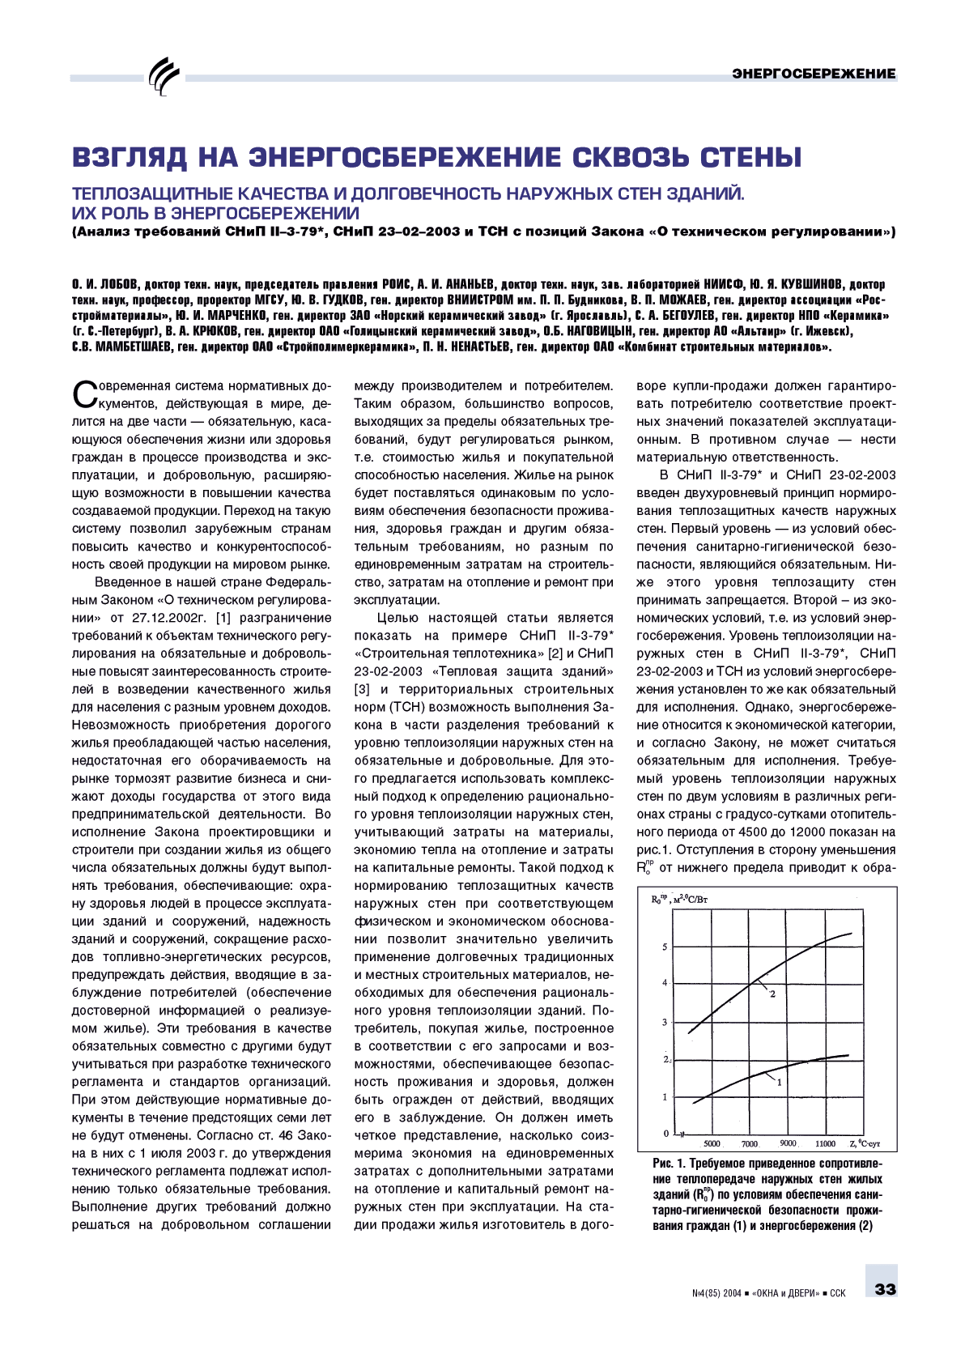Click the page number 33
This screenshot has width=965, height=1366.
tap(885, 1288)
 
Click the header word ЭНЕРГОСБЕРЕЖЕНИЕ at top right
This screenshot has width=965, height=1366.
tap(814, 74)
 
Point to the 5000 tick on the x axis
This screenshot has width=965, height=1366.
tap(712, 1143)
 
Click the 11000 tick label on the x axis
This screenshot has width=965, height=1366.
tap(825, 1143)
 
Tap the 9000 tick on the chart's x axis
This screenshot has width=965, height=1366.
tap(787, 1143)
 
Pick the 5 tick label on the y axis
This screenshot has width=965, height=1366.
tap(665, 947)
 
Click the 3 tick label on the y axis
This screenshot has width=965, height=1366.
tap(665, 1023)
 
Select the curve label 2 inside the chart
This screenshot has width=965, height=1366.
tap(772, 994)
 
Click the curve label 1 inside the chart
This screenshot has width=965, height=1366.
tap(779, 1082)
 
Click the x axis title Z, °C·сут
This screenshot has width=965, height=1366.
tap(865, 1143)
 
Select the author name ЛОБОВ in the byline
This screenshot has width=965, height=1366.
tap(110, 284)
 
